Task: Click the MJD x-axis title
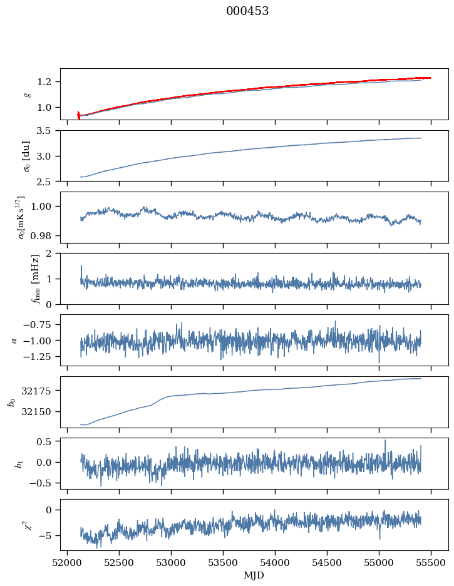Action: point(254,575)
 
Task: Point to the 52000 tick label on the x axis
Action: point(68,563)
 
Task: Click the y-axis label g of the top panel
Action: point(26,94)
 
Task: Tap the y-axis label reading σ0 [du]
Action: point(26,156)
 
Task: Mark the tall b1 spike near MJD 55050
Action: point(385,441)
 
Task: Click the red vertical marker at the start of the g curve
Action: point(78,115)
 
